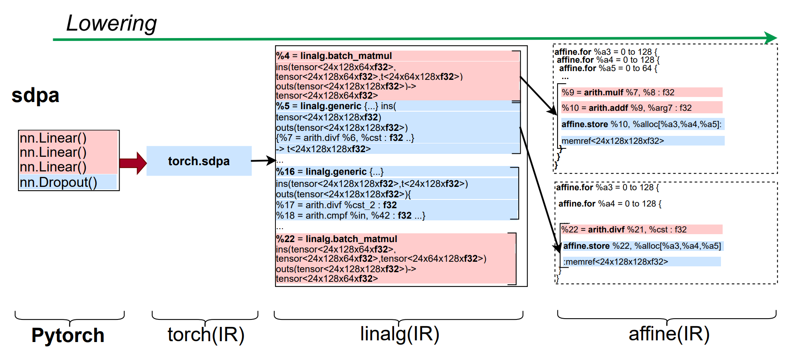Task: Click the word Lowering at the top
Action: pyautogui.click(x=111, y=23)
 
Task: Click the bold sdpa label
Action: pyautogui.click(x=36, y=95)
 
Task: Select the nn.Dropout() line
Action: pyautogui.click(x=59, y=182)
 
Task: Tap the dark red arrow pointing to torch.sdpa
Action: pyautogui.click(x=133, y=163)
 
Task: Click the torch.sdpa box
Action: pyautogui.click(x=199, y=161)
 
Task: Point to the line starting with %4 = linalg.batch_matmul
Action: pyautogui.click(x=334, y=56)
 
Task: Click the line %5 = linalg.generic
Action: pyautogui.click(x=336, y=106)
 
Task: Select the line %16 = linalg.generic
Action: pyautogui.click(x=330, y=172)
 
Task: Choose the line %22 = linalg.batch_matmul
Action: pyautogui.click(x=336, y=239)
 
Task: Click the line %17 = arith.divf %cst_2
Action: pyautogui.click(x=336, y=205)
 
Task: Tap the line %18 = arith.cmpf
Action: pyautogui.click(x=350, y=216)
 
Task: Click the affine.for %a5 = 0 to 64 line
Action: pyautogui.click(x=608, y=68)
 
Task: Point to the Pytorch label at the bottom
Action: pyautogui.click(x=68, y=335)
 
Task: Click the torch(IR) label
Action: pyautogui.click(x=206, y=334)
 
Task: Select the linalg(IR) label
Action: pyautogui.click(x=400, y=334)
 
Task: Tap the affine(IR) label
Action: pyautogui.click(x=669, y=334)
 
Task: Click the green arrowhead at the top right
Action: pyautogui.click(x=771, y=38)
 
